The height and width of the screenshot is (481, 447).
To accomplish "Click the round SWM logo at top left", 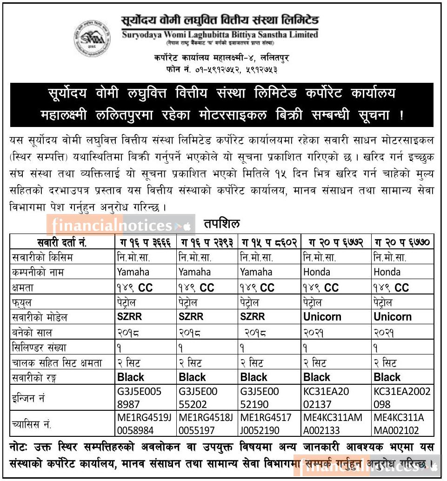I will (92, 38).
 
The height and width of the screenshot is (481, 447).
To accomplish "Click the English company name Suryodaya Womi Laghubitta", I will (220, 34).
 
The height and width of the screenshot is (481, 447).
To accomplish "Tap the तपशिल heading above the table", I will (221, 224).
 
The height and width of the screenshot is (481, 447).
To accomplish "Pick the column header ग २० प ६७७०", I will (402, 242).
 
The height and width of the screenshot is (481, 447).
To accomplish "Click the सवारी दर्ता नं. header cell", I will (62, 242).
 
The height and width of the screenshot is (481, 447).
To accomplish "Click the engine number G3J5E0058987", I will (140, 397).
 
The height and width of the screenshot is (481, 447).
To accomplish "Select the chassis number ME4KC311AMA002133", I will (332, 424).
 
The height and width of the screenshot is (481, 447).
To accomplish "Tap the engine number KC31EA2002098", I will (402, 397).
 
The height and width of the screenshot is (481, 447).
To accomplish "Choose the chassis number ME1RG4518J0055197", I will (206, 424).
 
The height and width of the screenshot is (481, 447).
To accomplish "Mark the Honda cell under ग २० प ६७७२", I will (316, 272).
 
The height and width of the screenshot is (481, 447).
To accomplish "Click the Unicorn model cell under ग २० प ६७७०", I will (393, 317).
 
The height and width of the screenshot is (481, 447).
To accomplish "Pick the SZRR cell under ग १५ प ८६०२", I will (253, 317).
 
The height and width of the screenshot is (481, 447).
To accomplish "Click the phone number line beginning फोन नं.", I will (224, 69).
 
